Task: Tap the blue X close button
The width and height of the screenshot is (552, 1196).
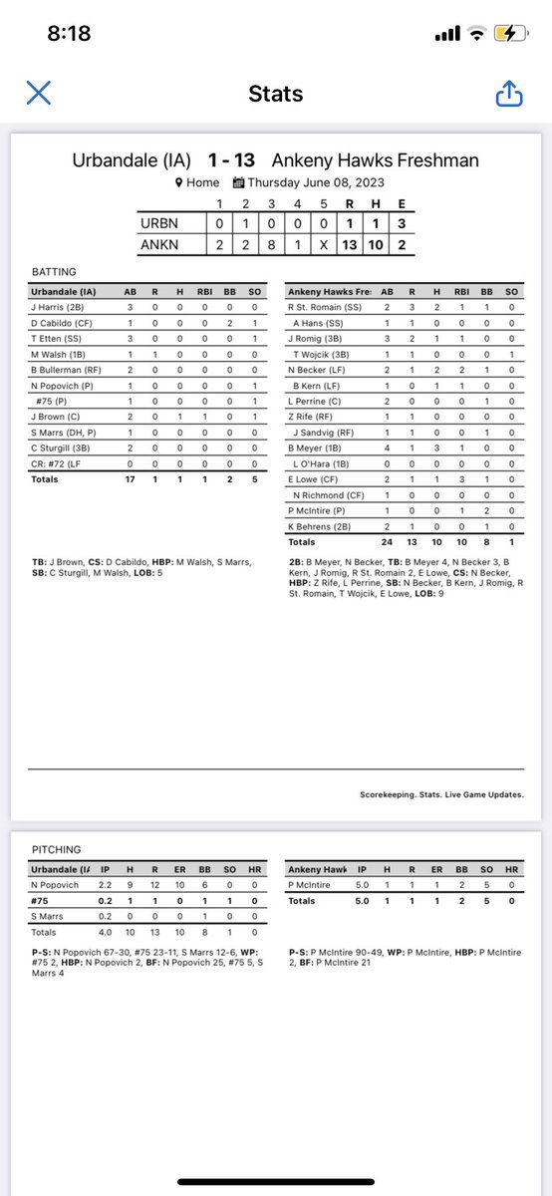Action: click(38, 94)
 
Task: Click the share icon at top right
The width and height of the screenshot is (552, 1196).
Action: click(508, 94)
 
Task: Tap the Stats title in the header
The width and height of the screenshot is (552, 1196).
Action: click(275, 95)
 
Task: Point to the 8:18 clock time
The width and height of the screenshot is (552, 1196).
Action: click(69, 34)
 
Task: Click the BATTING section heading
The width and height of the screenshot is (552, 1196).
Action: click(54, 270)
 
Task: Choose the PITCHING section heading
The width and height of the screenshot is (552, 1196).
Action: click(56, 850)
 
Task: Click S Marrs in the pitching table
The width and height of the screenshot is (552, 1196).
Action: click(51, 917)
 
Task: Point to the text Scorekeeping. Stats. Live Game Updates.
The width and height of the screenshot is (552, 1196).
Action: click(441, 794)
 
